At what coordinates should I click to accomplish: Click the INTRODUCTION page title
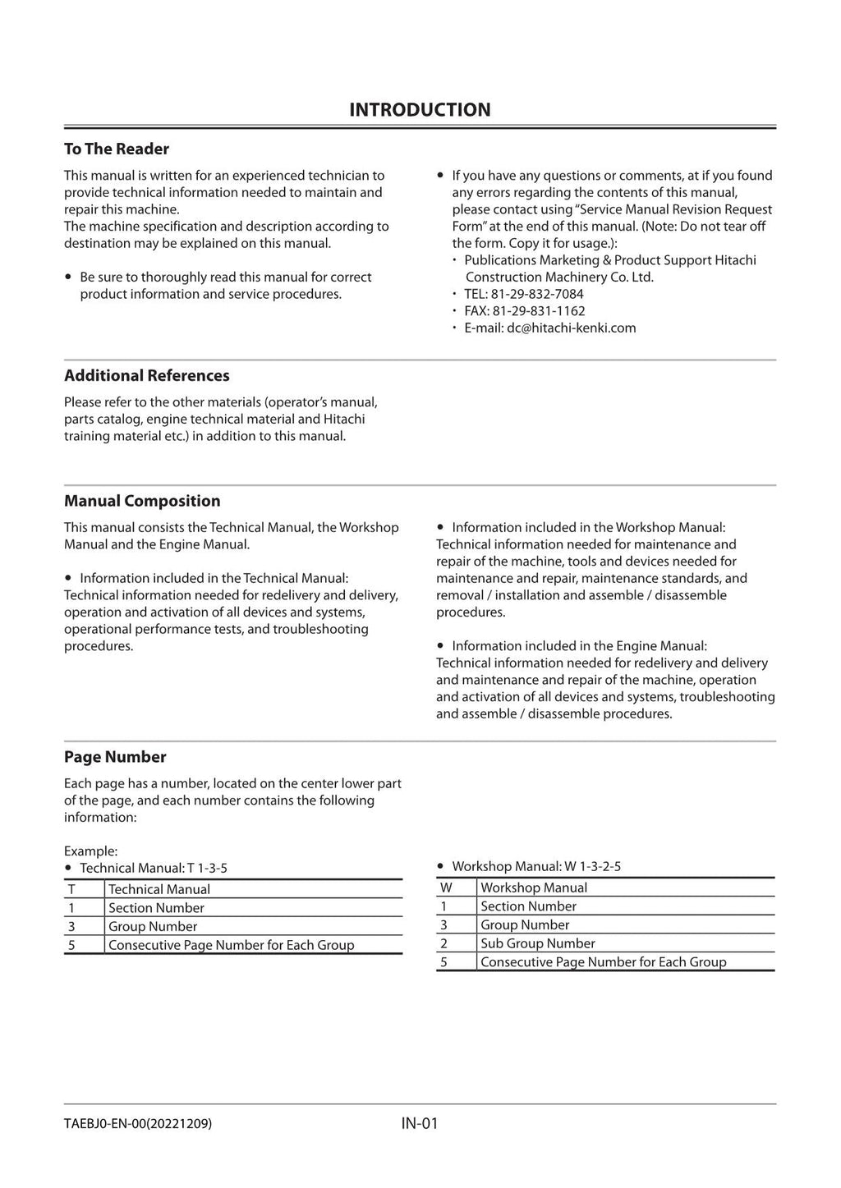coord(420,110)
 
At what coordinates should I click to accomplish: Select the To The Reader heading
coord(117,149)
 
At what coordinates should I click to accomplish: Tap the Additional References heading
coord(147,375)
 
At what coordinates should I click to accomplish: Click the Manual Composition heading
coord(142,501)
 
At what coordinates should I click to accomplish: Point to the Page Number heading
coord(115,757)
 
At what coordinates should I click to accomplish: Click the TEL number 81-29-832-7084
coord(537,294)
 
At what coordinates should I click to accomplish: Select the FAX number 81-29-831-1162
coord(539,311)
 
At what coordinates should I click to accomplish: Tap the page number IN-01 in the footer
coord(420,1123)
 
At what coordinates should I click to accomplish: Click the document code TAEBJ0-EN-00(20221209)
coord(138,1123)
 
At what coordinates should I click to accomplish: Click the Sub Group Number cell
coord(537,943)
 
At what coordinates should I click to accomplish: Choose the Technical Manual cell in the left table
coord(159,889)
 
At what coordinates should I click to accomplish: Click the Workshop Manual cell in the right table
coord(534,888)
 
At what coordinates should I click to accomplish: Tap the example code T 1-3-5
coord(207,868)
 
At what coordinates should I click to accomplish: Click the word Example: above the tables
coord(90,851)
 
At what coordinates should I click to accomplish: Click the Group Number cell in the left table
coord(153,926)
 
